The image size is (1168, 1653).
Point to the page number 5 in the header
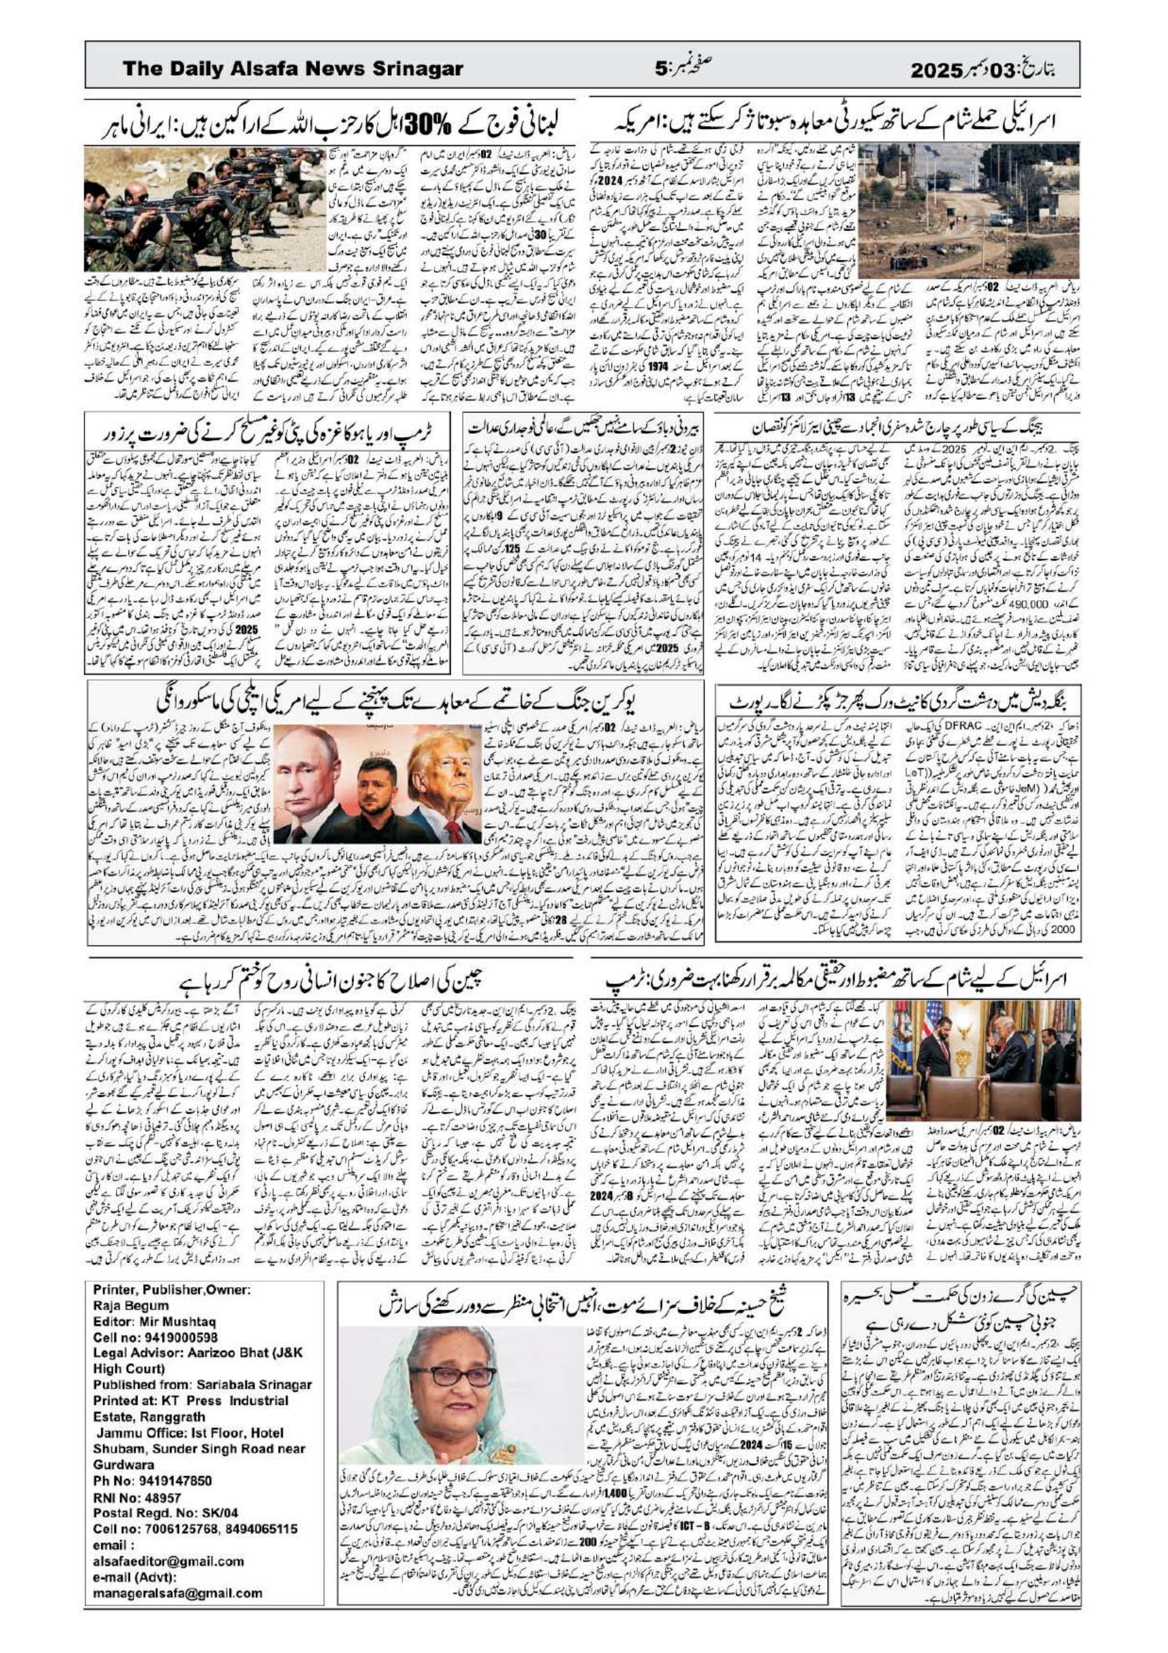(660, 70)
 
